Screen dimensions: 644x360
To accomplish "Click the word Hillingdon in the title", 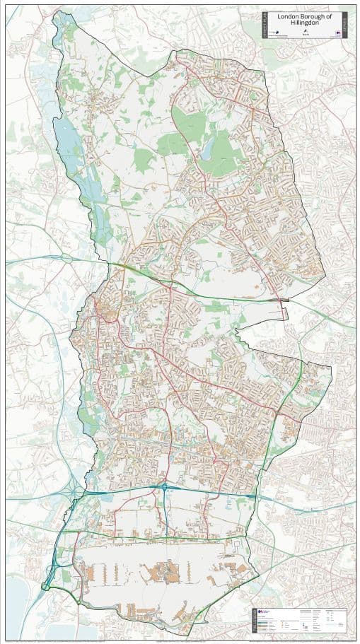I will click(x=305, y=23).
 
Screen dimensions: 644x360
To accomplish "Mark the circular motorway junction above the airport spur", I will click(x=164, y=486).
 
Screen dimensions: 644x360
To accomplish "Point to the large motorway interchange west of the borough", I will click(x=76, y=487).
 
